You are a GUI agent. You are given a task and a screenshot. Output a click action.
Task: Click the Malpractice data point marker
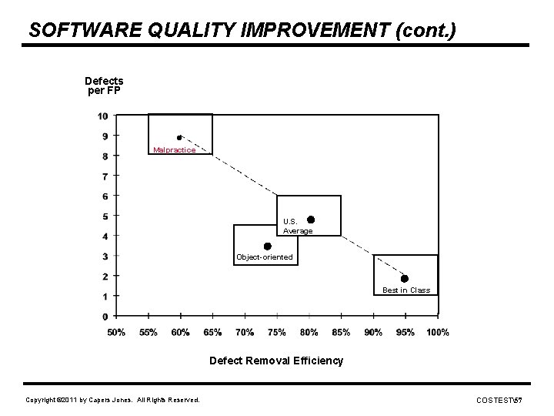click(179, 137)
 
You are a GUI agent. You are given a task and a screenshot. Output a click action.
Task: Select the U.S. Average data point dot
click(311, 220)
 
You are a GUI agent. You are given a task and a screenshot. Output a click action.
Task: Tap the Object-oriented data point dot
click(267, 247)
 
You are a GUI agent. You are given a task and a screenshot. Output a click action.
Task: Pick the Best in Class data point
click(405, 278)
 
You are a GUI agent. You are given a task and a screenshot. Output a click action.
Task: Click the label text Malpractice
click(174, 150)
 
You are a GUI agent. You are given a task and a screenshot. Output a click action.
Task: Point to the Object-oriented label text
click(265, 257)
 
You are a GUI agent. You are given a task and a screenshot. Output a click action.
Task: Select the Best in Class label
click(406, 290)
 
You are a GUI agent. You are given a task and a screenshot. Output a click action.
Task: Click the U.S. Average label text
click(298, 226)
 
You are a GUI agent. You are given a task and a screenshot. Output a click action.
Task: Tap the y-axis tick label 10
click(102, 116)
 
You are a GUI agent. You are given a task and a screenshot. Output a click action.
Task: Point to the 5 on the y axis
click(105, 216)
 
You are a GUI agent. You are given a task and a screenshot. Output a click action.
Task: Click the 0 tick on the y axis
click(105, 317)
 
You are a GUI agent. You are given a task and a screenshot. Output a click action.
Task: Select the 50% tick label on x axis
click(116, 333)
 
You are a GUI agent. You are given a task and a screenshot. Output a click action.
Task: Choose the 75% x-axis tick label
click(277, 333)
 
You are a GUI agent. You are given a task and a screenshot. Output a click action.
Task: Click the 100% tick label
click(437, 333)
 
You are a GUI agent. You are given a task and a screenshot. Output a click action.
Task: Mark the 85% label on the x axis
click(341, 333)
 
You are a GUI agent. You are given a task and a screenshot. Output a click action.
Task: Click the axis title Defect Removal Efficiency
click(276, 361)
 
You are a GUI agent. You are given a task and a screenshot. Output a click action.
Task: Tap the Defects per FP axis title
click(104, 86)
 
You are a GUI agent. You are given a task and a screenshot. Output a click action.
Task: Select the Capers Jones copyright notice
click(112, 400)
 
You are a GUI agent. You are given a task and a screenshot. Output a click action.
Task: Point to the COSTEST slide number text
click(499, 400)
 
